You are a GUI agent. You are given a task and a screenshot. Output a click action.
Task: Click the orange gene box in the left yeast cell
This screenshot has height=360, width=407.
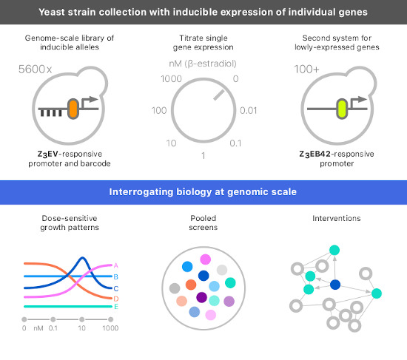point(73,109)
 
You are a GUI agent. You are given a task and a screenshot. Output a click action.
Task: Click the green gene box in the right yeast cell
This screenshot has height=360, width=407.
point(341,109)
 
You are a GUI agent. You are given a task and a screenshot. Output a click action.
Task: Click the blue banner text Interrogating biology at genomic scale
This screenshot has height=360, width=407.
point(203,191)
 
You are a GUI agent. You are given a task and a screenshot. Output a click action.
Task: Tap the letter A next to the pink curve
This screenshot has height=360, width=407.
point(116,265)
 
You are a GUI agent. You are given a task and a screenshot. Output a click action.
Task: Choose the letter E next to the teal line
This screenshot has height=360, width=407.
point(116,305)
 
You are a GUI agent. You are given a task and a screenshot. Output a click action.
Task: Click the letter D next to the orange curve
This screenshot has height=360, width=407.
point(116,298)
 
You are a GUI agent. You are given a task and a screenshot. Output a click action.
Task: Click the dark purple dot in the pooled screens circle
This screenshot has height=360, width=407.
point(201,297)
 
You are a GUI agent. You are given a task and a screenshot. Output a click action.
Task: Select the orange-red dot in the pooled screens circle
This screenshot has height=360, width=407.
point(191,285)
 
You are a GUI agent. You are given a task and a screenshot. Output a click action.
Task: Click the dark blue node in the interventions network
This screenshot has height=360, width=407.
point(335,285)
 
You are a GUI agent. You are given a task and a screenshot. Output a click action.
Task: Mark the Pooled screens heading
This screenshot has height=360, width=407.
point(203,223)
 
